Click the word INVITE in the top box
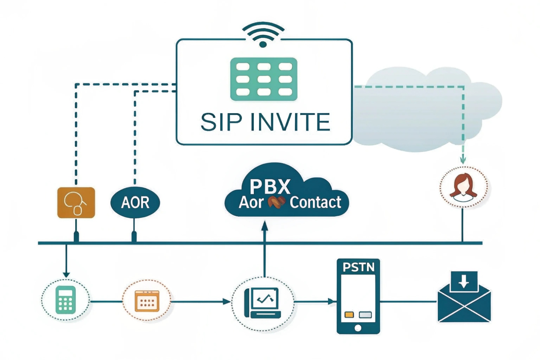pyautogui.click(x=290, y=122)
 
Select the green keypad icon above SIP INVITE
pyautogui.click(x=263, y=79)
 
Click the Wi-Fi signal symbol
pyautogui.click(x=263, y=35)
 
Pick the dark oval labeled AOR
pyautogui.click(x=135, y=202)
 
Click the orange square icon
pyautogui.click(x=76, y=202)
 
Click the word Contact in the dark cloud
pyautogui.click(x=315, y=202)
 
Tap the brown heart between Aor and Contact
pyautogui.click(x=276, y=202)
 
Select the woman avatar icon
pyautogui.click(x=463, y=187)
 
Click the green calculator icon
pyautogui.click(x=66, y=300)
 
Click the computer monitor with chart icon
pyautogui.click(x=263, y=302)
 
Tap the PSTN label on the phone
pyautogui.click(x=358, y=267)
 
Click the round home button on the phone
pyautogui.click(x=358, y=328)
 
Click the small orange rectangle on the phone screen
pyautogui.click(x=349, y=315)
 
